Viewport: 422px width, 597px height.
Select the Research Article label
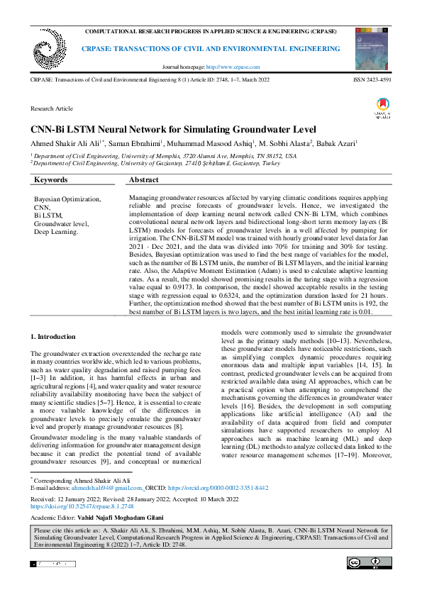52,108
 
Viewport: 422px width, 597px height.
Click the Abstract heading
144,181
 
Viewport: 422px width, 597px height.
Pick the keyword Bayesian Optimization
67,199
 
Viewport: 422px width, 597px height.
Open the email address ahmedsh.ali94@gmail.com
111,488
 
